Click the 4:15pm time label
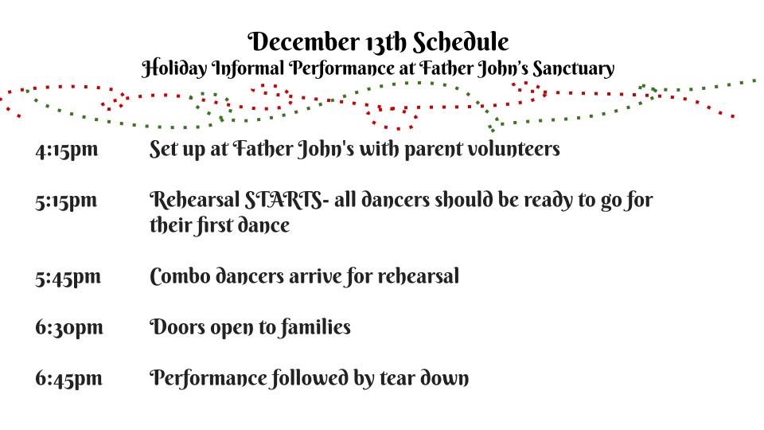click(67, 150)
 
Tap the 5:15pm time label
click(66, 201)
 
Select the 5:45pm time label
click(68, 277)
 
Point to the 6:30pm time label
click(69, 327)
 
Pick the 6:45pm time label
click(68, 378)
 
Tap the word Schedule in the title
click(461, 42)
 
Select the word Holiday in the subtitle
click(174, 68)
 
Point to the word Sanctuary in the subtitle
click(573, 68)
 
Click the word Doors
click(177, 327)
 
